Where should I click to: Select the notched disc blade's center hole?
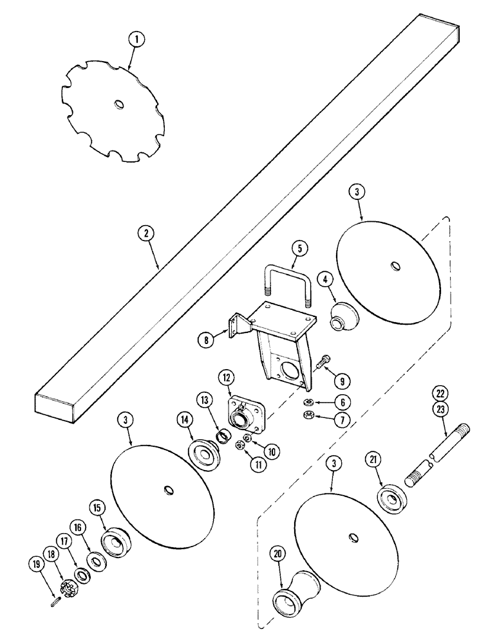(119, 104)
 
